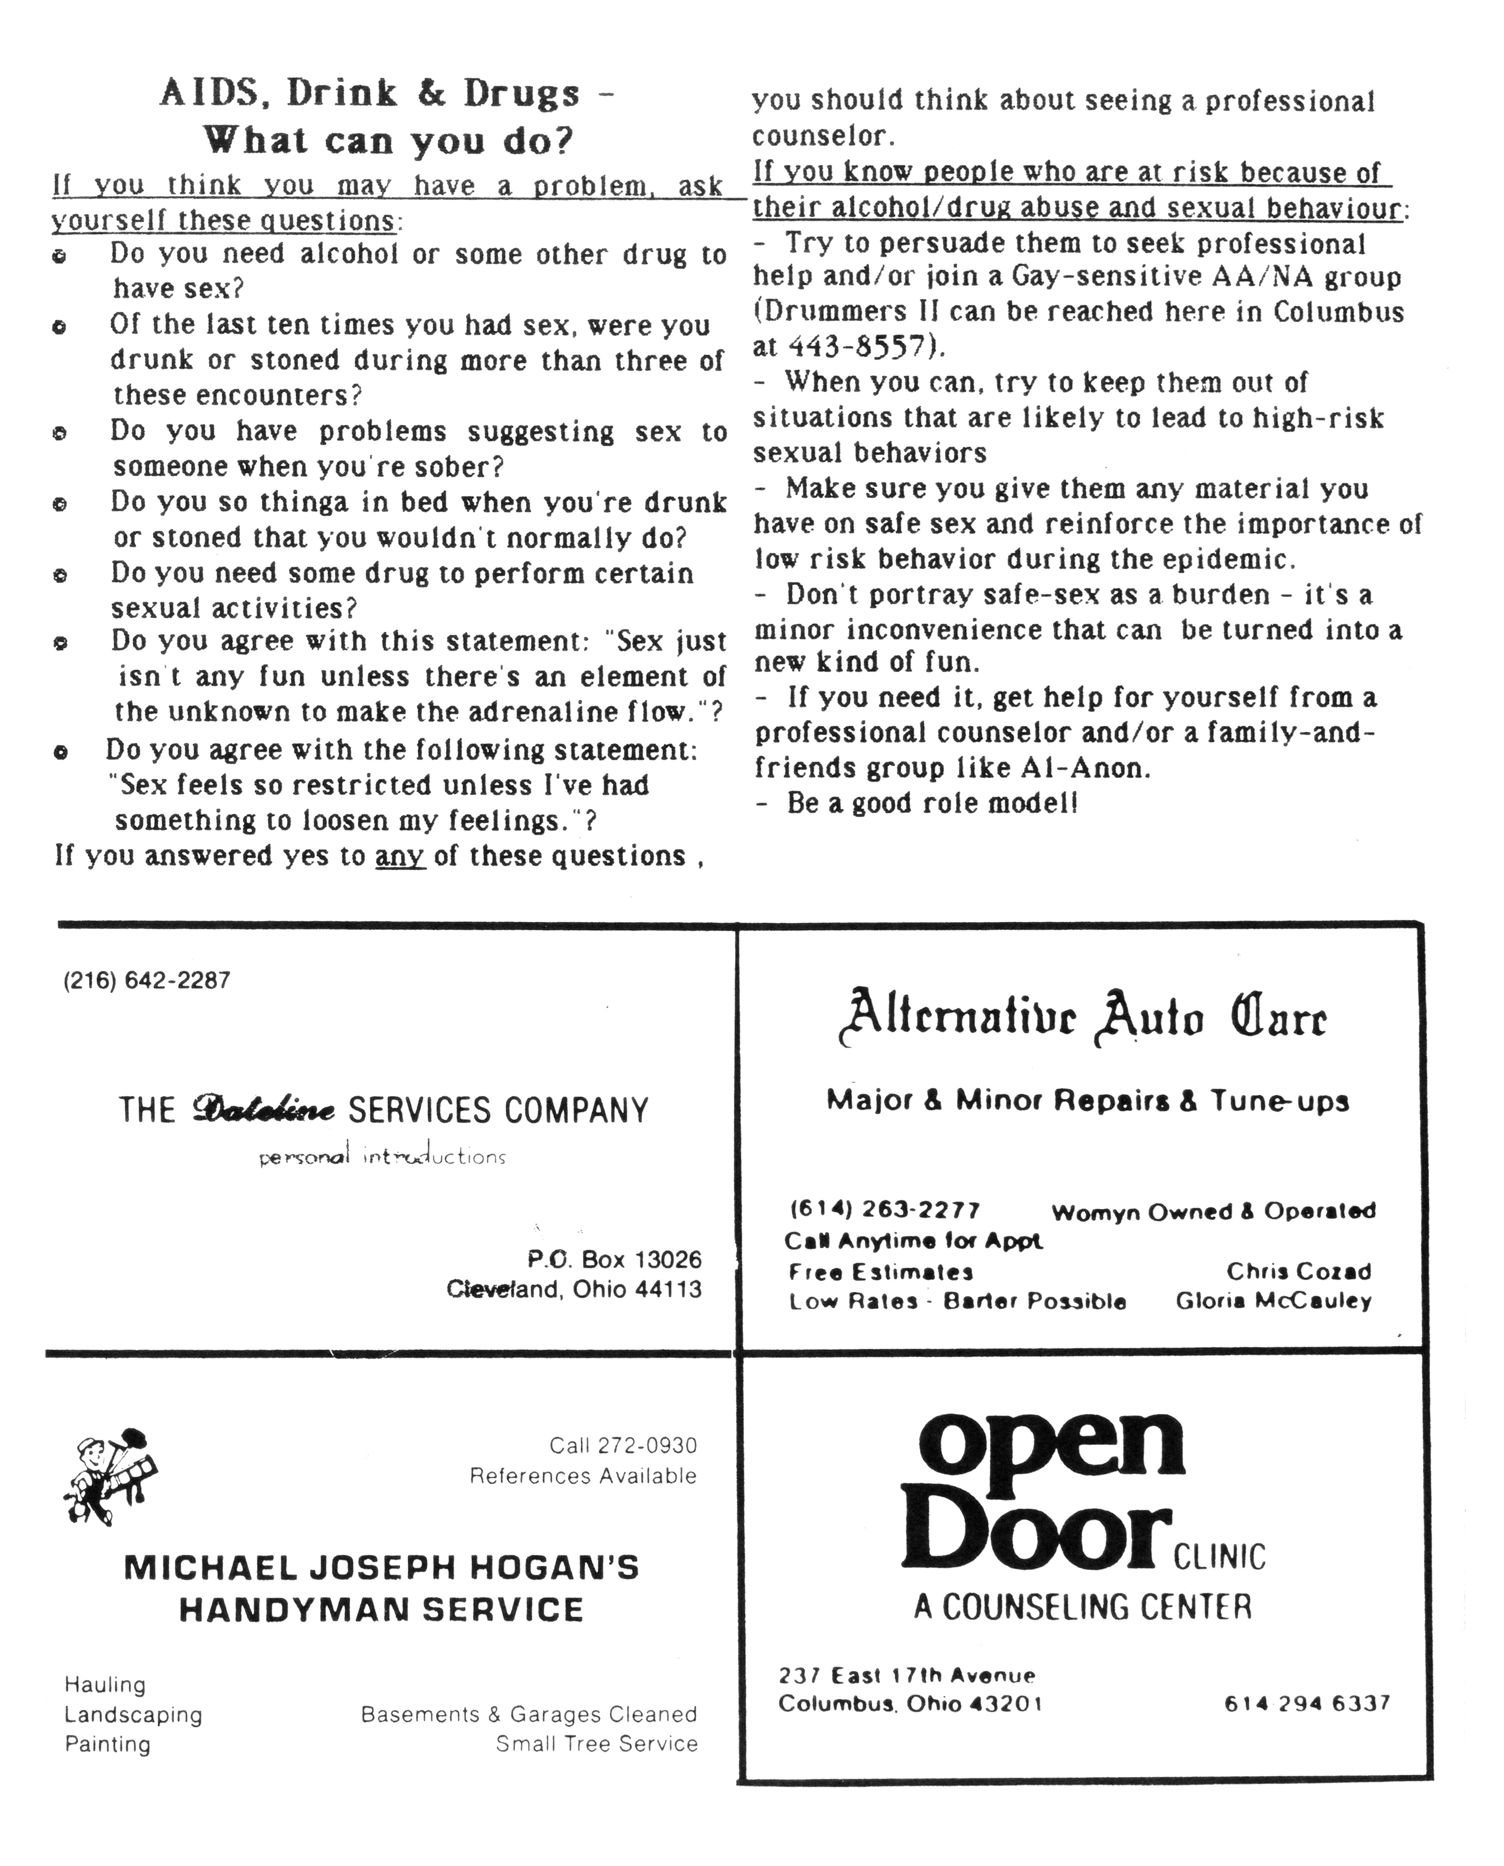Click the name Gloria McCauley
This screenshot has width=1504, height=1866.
(x=1273, y=1301)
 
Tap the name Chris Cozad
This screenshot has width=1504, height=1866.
(x=1299, y=1272)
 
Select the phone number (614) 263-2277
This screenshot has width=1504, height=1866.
(x=885, y=1210)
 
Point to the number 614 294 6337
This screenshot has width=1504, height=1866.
(x=1306, y=1704)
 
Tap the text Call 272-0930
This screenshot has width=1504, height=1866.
(x=623, y=1446)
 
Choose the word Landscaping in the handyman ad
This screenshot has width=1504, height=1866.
(x=134, y=1714)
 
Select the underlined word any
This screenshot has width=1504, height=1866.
(x=399, y=856)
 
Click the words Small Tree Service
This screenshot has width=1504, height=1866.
(x=597, y=1744)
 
